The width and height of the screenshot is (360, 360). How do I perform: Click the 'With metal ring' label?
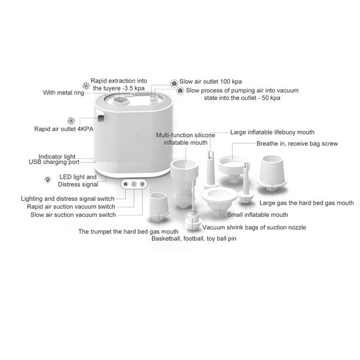[x=64, y=92]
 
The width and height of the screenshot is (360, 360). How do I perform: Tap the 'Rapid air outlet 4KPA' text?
[x=64, y=129]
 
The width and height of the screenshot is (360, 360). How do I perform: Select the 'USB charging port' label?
[x=54, y=162]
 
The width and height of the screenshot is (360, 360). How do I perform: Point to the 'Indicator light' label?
[x=57, y=156]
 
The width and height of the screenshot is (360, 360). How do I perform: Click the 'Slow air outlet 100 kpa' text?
[x=210, y=82]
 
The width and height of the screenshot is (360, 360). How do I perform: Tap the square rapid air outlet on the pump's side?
[x=101, y=118]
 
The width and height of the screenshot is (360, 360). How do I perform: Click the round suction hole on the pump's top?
[x=120, y=100]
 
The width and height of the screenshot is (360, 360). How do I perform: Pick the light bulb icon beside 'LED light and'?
[x=48, y=179]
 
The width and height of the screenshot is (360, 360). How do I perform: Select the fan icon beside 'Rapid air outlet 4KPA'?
[x=71, y=121]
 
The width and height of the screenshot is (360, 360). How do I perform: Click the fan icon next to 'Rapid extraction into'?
[x=86, y=86]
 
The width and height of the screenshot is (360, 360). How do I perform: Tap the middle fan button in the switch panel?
[x=134, y=184]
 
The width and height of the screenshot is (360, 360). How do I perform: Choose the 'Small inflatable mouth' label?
[x=258, y=215]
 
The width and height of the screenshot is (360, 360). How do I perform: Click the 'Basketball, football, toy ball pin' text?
[x=193, y=238]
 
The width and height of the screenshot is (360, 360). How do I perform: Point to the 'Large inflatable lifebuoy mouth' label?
[x=272, y=132]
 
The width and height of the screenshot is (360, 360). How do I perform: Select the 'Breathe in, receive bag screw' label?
[x=297, y=144]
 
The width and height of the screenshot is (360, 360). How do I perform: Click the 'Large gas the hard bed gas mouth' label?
[x=307, y=203]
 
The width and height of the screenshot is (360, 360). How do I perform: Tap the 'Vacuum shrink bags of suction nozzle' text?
[x=254, y=227]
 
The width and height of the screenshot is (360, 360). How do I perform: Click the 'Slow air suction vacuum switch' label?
[x=73, y=215]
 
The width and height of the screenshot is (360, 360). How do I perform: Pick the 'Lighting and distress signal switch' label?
[x=67, y=199]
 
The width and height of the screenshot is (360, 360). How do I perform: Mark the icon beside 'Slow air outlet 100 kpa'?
[x=174, y=83]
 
